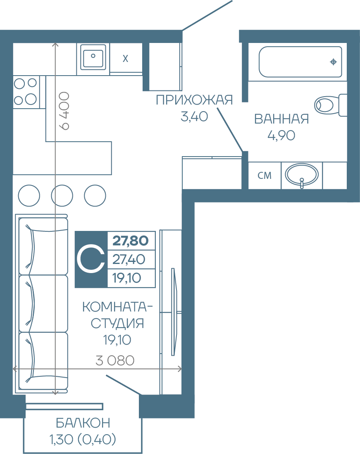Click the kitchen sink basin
click(x=93, y=57)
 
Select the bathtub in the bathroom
click(x=300, y=62)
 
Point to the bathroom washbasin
click(x=302, y=175)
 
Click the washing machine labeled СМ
click(x=265, y=176)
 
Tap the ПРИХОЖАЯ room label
click(x=194, y=100)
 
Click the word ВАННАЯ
click(x=281, y=119)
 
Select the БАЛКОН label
click(x=83, y=423)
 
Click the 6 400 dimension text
click(x=64, y=111)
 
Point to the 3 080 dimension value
click(x=115, y=361)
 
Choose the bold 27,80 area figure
click(x=131, y=240)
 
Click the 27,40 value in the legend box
click(x=129, y=259)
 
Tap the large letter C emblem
click(x=91, y=259)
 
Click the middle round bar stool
click(x=62, y=195)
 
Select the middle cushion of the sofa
click(x=43, y=304)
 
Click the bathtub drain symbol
click(x=334, y=62)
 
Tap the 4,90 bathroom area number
click(x=281, y=135)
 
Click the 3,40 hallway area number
click(x=194, y=116)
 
